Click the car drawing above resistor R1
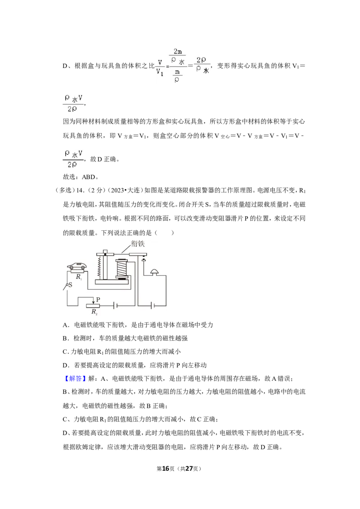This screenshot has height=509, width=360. [x=77, y=266]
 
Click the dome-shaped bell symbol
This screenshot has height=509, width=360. [x=155, y=272]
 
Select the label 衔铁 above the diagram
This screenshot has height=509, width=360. [x=138, y=244]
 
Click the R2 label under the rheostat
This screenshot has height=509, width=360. [x=94, y=312]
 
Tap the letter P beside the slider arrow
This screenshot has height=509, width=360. [x=98, y=299]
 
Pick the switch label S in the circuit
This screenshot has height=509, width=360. [x=70, y=285]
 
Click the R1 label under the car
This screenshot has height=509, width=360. [x=79, y=277]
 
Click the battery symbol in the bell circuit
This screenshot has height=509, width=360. [x=152, y=305]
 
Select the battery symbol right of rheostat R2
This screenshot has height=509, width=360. [x=114, y=305]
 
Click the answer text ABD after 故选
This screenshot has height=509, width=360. [x=88, y=177]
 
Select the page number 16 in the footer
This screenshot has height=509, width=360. [x=166, y=469]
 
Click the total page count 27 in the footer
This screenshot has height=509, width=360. [x=189, y=469]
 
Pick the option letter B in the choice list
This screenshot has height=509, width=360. [x=65, y=338]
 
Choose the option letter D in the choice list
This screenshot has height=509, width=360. [x=65, y=365]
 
